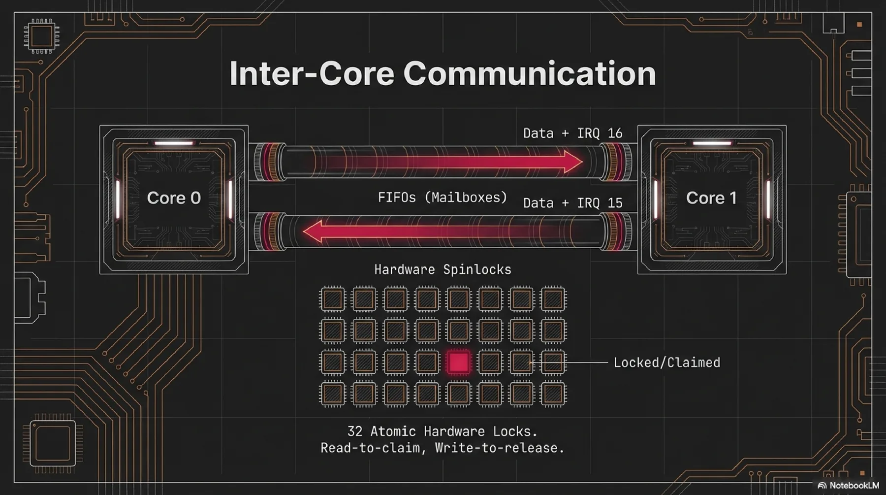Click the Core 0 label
point(174,198)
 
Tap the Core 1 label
point(711,198)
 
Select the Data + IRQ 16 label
point(572,133)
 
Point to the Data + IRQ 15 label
point(572,203)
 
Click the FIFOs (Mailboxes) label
point(442,198)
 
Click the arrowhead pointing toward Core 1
point(572,162)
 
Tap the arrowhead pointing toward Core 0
point(313,231)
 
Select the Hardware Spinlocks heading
point(443,270)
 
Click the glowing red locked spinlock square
point(458,363)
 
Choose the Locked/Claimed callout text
point(666,363)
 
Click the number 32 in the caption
point(354,431)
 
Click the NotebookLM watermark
point(849,486)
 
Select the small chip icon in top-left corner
point(42,36)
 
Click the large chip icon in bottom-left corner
point(53,443)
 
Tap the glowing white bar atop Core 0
point(174,143)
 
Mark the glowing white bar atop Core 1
point(712,143)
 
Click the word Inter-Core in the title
point(312,74)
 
